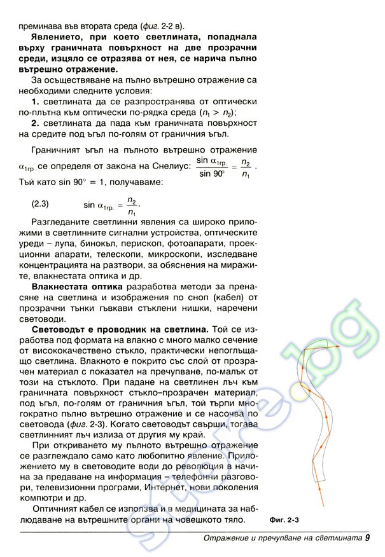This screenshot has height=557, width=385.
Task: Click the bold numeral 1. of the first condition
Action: [36, 102]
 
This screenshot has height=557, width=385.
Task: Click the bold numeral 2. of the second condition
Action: [36, 123]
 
